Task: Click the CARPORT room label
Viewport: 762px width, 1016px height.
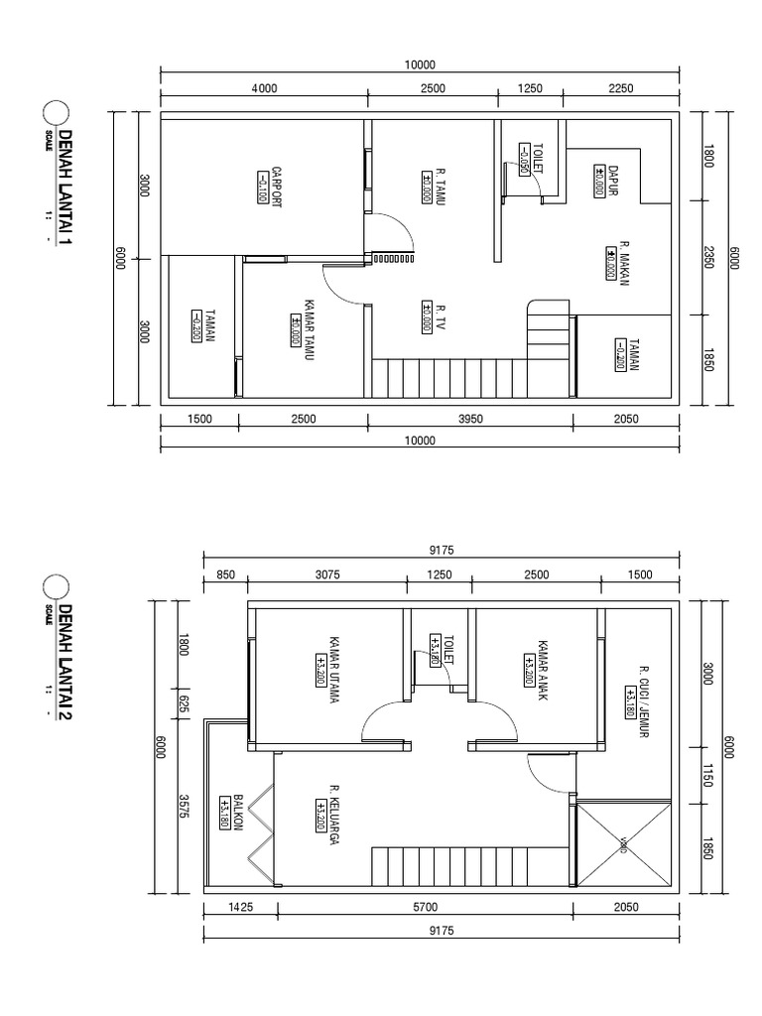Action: (x=277, y=185)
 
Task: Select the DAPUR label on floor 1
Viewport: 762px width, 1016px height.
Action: (x=613, y=180)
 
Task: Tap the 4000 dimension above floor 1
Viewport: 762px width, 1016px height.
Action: (x=264, y=88)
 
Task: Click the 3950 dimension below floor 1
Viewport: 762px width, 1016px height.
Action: (x=469, y=419)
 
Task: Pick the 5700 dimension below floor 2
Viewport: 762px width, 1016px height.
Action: (x=425, y=905)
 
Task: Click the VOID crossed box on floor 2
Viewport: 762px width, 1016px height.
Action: (x=621, y=843)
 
